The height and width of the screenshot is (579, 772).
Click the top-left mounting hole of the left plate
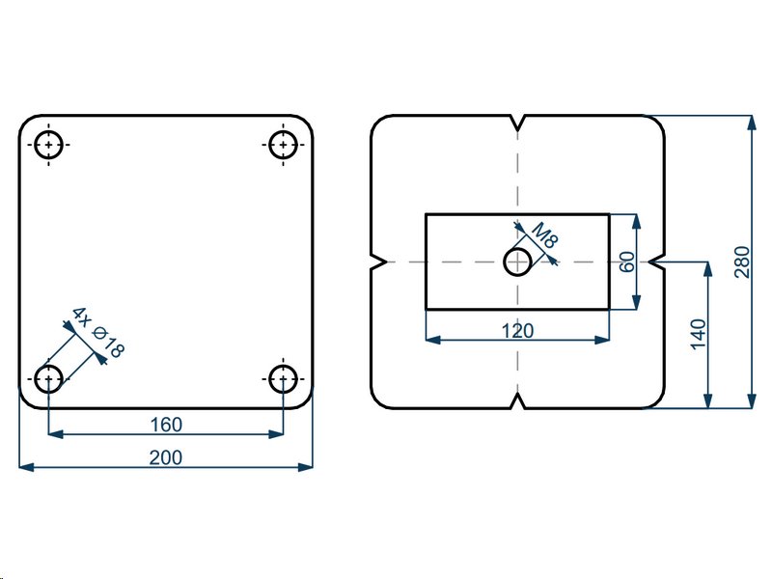tap(48, 145)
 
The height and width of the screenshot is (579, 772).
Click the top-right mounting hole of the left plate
tap(283, 145)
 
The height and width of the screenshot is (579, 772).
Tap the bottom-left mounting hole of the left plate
tap(48, 377)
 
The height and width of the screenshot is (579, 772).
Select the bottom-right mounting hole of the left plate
tap(283, 377)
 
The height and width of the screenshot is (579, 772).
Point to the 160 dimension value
tap(166, 423)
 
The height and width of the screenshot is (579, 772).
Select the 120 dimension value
tap(518, 331)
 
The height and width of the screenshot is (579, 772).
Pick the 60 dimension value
tap(627, 262)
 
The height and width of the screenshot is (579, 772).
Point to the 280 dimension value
tap(741, 262)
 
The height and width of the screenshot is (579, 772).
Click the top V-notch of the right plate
tap(519, 123)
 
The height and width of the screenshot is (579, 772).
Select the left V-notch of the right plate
tap(378, 262)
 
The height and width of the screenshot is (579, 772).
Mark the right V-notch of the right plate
tap(659, 262)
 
